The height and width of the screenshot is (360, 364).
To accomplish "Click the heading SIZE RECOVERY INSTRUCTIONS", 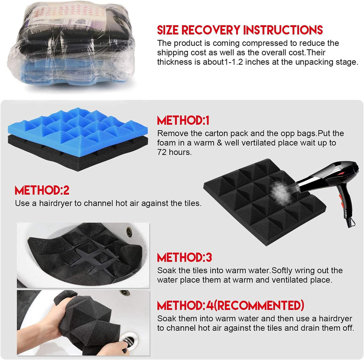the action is [x=240, y=30].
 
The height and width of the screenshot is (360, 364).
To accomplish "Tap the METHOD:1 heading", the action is [x=183, y=120].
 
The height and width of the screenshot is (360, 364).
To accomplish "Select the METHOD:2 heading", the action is [x=42, y=190].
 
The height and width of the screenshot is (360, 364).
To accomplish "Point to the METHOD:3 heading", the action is [x=184, y=257].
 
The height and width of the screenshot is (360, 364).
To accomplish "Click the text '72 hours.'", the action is [x=174, y=152].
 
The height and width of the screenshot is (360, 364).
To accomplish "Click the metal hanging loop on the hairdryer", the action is [x=352, y=222].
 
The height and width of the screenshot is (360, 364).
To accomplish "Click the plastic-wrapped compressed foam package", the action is [x=71, y=44].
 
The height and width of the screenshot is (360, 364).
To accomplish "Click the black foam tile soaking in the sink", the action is [x=85, y=254].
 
